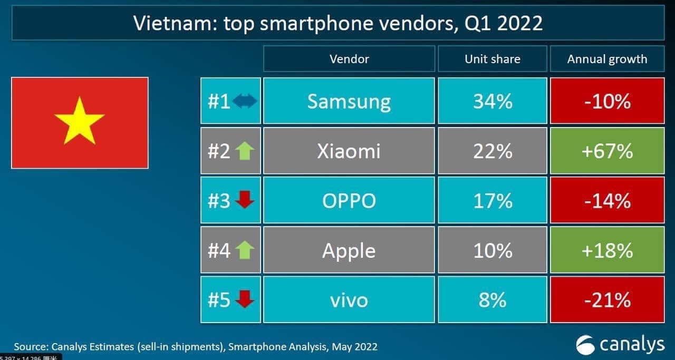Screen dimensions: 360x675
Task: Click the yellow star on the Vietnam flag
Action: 80,121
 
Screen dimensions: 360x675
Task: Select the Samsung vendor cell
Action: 349,101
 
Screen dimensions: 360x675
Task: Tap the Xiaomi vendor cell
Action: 349,151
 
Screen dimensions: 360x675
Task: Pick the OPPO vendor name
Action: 349,201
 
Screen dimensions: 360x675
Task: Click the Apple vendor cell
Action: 349,250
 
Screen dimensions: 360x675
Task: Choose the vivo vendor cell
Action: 349,300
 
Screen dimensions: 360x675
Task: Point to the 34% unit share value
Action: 493,101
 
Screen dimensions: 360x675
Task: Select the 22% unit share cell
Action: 493,151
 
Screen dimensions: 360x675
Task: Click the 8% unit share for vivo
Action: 493,300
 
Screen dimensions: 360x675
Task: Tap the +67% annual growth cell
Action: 607,151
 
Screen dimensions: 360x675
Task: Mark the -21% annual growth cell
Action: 607,300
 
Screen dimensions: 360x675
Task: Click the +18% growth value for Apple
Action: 607,250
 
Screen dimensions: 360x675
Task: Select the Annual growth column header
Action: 607,59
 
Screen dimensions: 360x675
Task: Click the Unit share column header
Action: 493,59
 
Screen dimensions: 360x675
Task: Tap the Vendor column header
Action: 349,59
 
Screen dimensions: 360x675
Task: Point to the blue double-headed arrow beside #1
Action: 245,101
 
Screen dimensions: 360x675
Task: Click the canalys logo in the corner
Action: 620,345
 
